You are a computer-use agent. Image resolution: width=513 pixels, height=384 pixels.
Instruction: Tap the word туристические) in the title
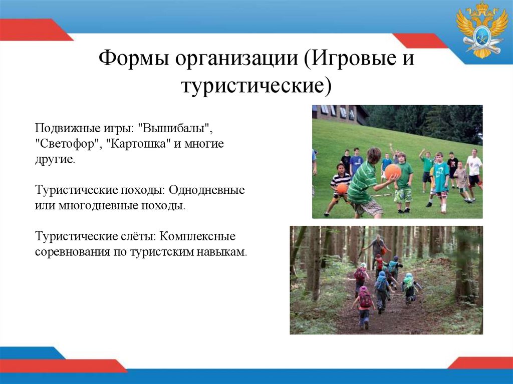(256, 86)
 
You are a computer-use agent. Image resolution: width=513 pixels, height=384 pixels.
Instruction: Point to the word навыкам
(222, 252)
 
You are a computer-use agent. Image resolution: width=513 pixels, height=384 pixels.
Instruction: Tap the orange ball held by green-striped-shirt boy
(393, 172)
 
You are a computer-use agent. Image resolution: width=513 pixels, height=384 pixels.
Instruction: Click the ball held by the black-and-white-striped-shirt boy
(342, 189)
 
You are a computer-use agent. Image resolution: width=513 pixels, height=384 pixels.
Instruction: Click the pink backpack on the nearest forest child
(365, 300)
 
